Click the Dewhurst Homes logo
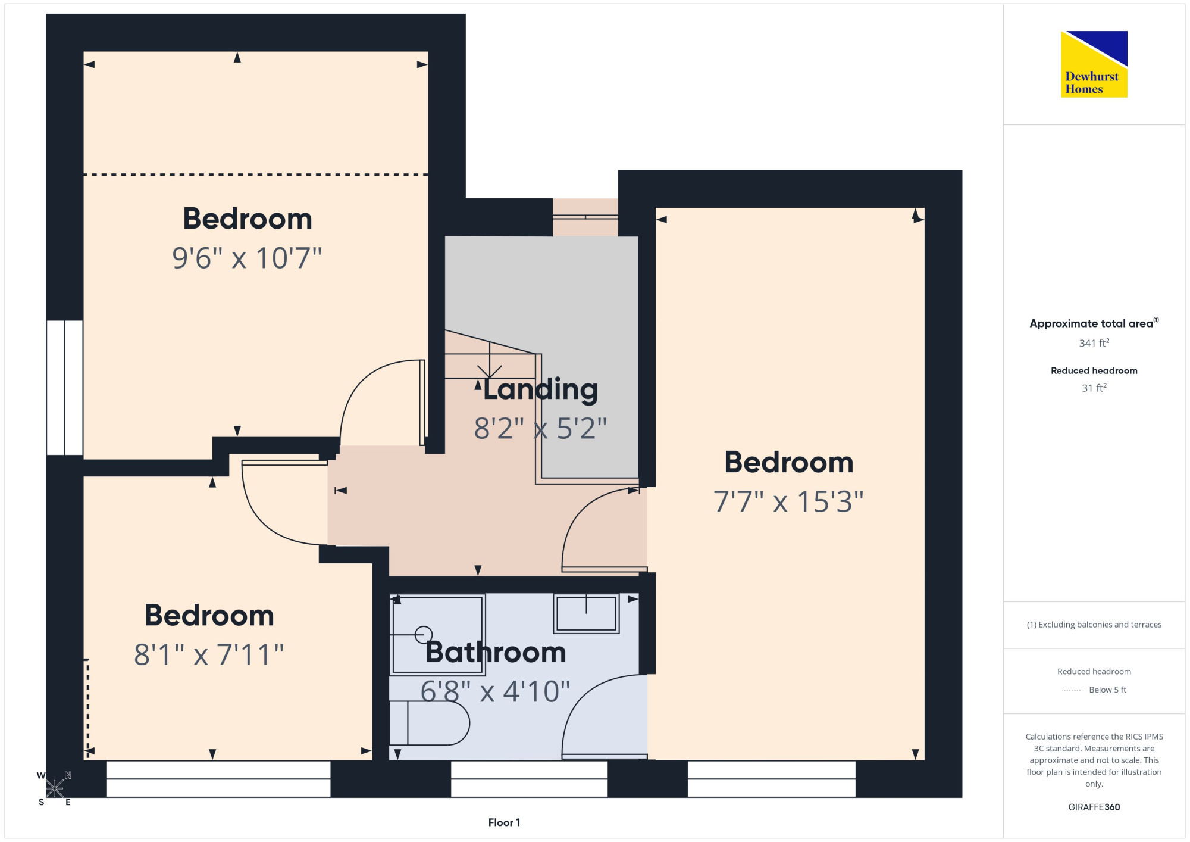(1094, 64)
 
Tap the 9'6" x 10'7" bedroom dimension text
(247, 258)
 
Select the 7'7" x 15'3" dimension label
(788, 501)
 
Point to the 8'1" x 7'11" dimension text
(209, 654)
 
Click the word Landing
(540, 390)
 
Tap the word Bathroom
(496, 652)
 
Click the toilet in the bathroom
(429, 723)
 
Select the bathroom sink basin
(586, 613)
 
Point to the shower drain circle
(424, 635)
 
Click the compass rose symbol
(54, 788)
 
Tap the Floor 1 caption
(504, 822)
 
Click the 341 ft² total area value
(1094, 343)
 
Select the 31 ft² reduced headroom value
(1094, 388)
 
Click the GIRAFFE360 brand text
(1094, 807)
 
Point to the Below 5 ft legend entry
(1094, 690)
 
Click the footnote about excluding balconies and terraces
(1094, 625)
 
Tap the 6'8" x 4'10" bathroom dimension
(495, 691)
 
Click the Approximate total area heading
(1094, 323)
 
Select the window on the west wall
(65, 388)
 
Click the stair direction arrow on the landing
(490, 360)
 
